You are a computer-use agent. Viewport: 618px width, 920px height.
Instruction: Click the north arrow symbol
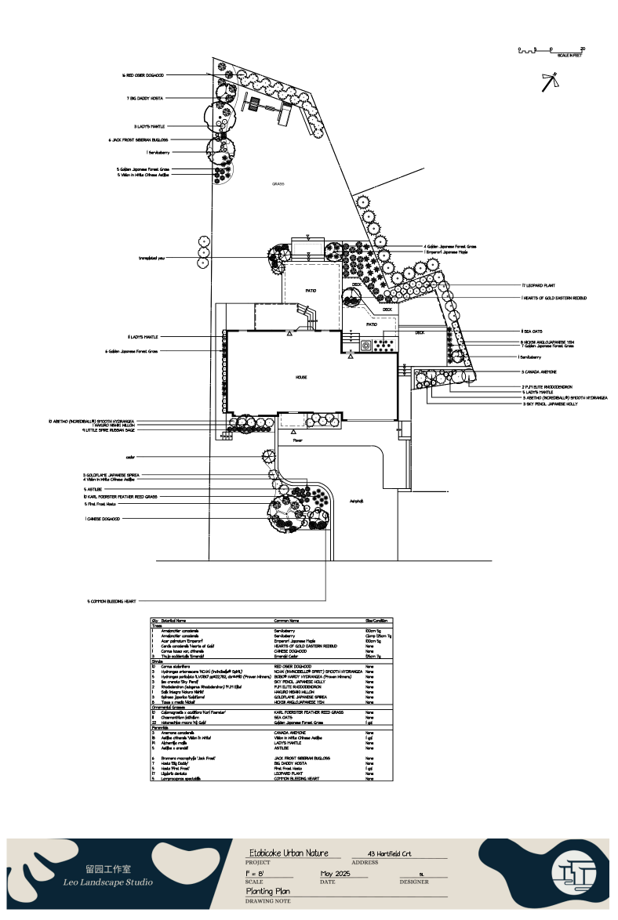[551, 81]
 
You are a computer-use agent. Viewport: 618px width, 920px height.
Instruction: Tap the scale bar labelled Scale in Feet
[551, 51]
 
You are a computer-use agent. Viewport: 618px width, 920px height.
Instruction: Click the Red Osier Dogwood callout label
[143, 75]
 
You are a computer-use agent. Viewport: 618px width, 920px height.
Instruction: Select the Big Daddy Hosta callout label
[144, 99]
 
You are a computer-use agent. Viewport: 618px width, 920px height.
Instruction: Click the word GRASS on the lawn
[278, 184]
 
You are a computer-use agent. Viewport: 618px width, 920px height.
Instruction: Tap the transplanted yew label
[151, 258]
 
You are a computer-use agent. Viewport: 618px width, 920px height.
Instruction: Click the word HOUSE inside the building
[300, 377]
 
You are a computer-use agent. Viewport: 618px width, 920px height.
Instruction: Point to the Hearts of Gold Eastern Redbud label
[554, 299]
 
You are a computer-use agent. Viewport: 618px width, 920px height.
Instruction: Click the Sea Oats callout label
[533, 331]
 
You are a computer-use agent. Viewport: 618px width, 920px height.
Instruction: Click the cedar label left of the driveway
[131, 457]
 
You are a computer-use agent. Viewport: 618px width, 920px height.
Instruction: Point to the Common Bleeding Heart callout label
[111, 601]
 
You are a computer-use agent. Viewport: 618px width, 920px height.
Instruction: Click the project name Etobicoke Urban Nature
[288, 853]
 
